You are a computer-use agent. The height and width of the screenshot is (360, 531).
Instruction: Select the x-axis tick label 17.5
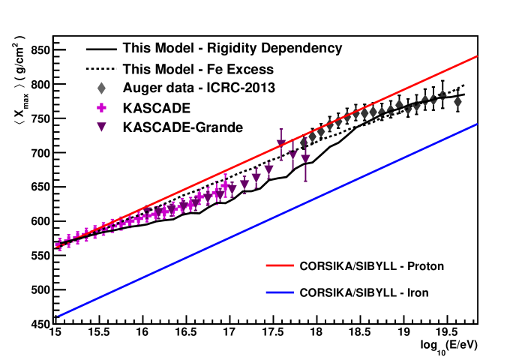pos(273,331)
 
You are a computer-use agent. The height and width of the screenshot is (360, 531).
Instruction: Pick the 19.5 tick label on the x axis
pos(448,331)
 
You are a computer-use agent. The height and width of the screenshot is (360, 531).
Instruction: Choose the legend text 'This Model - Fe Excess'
pos(198,68)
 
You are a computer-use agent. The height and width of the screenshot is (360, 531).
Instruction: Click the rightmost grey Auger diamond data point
pos(457,101)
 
